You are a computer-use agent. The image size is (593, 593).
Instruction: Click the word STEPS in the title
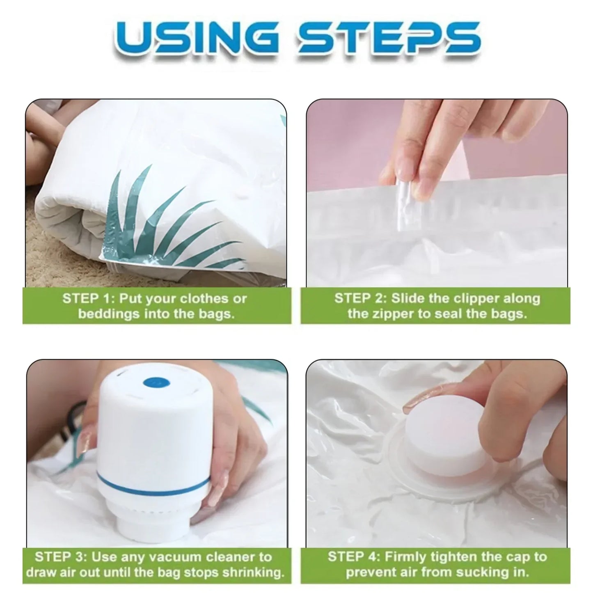(390, 38)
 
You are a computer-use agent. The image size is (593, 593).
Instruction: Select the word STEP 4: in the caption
(353, 557)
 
